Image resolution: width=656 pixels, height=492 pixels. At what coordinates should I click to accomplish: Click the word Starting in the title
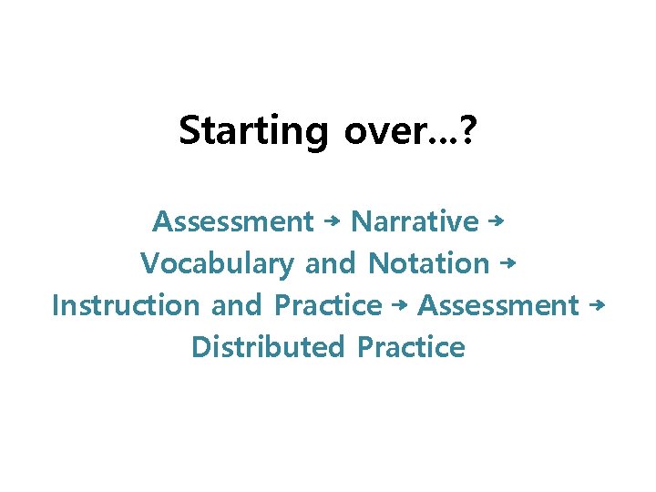(252, 131)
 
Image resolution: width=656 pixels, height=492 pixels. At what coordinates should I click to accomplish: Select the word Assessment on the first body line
(232, 221)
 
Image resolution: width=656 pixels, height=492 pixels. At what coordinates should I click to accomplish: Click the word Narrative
(415, 221)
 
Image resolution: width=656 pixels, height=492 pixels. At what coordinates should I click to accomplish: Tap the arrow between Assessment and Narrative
(333, 221)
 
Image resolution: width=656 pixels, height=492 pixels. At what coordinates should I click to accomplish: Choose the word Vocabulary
(217, 264)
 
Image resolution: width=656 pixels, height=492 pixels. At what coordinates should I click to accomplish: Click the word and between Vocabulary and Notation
(330, 264)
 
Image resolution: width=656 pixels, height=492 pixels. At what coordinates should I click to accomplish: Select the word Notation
(429, 264)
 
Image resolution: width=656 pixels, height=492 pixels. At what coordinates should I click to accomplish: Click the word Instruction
(125, 305)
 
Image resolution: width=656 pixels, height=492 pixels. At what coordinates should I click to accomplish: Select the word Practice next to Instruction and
(328, 305)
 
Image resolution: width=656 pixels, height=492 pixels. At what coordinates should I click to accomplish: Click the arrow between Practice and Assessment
(399, 305)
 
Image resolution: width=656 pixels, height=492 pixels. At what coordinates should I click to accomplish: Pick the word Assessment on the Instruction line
(497, 305)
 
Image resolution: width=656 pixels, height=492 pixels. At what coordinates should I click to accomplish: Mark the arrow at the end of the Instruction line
(597, 304)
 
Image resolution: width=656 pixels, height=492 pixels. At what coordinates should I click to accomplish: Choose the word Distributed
(268, 347)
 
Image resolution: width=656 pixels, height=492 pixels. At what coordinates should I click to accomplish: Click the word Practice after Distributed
(412, 347)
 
